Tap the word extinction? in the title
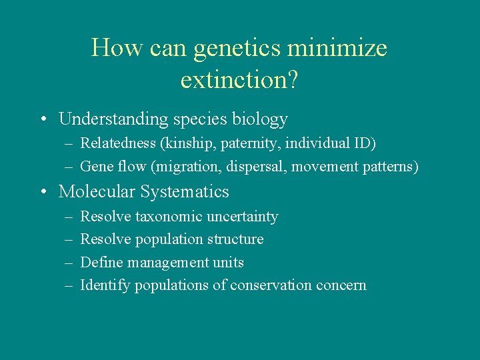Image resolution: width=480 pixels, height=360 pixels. pyautogui.click(x=239, y=79)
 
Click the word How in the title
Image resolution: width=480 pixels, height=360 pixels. pyautogui.click(x=109, y=48)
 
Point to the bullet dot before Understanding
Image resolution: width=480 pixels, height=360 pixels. pyautogui.click(x=43, y=120)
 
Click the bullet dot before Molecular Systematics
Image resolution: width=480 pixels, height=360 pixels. pyautogui.click(x=43, y=193)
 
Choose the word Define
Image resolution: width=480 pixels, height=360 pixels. pyautogui.click(x=101, y=262)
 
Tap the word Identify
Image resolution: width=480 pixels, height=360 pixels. pyautogui.click(x=105, y=285)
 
